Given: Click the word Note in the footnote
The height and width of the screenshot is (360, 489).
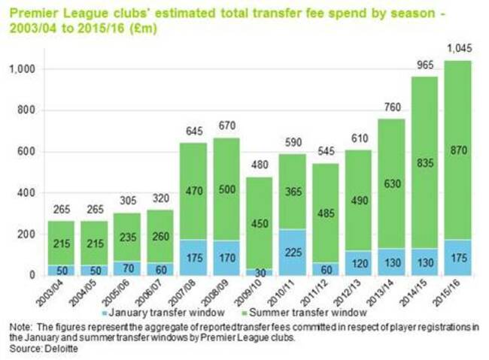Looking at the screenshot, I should pyautogui.click(x=18, y=328).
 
